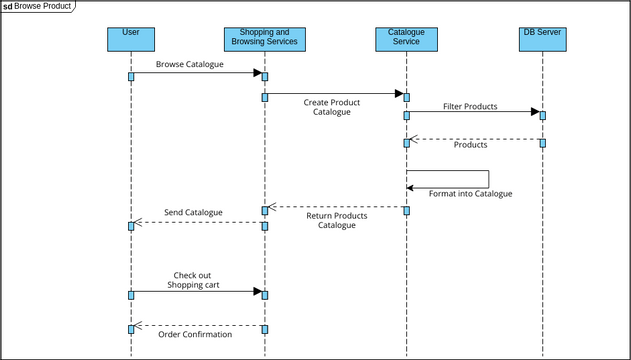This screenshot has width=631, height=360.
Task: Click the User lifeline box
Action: coord(131,38)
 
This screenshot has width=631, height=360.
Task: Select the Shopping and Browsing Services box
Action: coord(264,38)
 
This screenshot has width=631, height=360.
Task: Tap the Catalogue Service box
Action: coord(406,38)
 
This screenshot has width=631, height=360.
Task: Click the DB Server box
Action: coord(542,38)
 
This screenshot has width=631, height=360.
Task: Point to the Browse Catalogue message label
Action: coord(190,64)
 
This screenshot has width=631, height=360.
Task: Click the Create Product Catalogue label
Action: coord(332,107)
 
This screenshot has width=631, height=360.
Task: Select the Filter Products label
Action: coord(469,106)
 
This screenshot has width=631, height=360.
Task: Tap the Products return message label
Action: coord(470,145)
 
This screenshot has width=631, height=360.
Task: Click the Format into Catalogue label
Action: coord(470,193)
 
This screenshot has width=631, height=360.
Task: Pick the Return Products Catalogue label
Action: coord(336,221)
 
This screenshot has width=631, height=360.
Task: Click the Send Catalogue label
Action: coord(193,212)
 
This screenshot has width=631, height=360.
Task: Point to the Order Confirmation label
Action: coord(195,334)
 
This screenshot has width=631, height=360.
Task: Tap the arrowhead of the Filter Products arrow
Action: coord(534,112)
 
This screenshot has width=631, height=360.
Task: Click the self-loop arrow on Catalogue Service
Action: coord(488,179)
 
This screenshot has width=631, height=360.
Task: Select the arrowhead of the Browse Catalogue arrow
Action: coord(256,73)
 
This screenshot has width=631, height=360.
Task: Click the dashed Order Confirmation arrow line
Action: coord(200,325)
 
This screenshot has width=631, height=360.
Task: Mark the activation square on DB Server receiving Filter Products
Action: coord(542,115)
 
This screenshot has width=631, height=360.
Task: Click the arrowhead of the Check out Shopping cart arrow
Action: coord(256,293)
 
